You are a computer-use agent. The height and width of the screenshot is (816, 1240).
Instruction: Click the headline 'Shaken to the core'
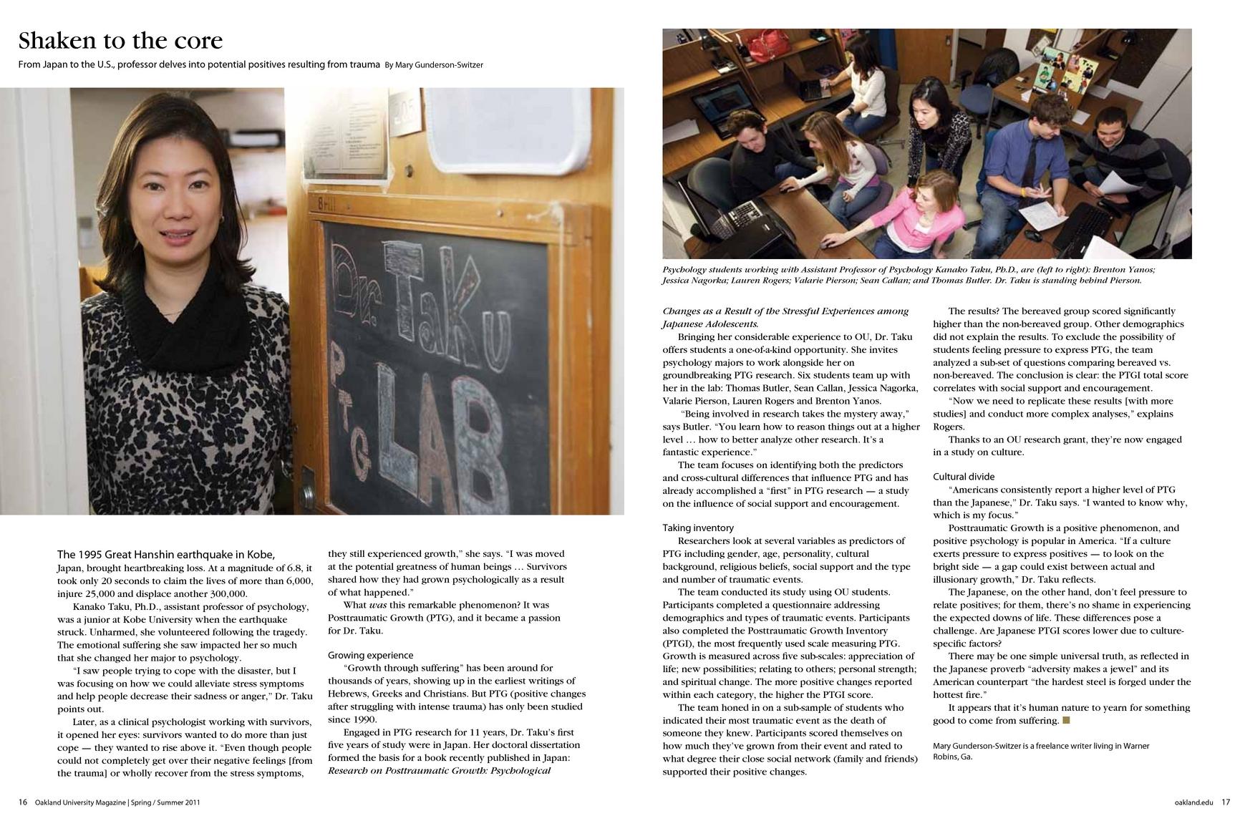(x=120, y=40)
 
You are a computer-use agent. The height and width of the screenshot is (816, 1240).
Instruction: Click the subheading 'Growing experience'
(x=370, y=655)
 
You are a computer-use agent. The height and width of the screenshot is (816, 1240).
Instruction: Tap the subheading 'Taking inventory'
(x=697, y=528)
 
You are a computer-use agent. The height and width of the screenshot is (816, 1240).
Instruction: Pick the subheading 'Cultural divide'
(x=963, y=477)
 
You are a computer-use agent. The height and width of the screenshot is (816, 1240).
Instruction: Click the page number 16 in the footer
(x=23, y=802)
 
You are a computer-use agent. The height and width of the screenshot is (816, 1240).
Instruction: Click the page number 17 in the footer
(x=1225, y=802)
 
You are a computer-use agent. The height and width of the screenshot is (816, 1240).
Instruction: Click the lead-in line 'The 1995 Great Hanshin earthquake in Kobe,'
(x=166, y=555)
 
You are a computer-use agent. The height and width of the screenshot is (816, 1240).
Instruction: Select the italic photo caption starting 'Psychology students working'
(x=909, y=275)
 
